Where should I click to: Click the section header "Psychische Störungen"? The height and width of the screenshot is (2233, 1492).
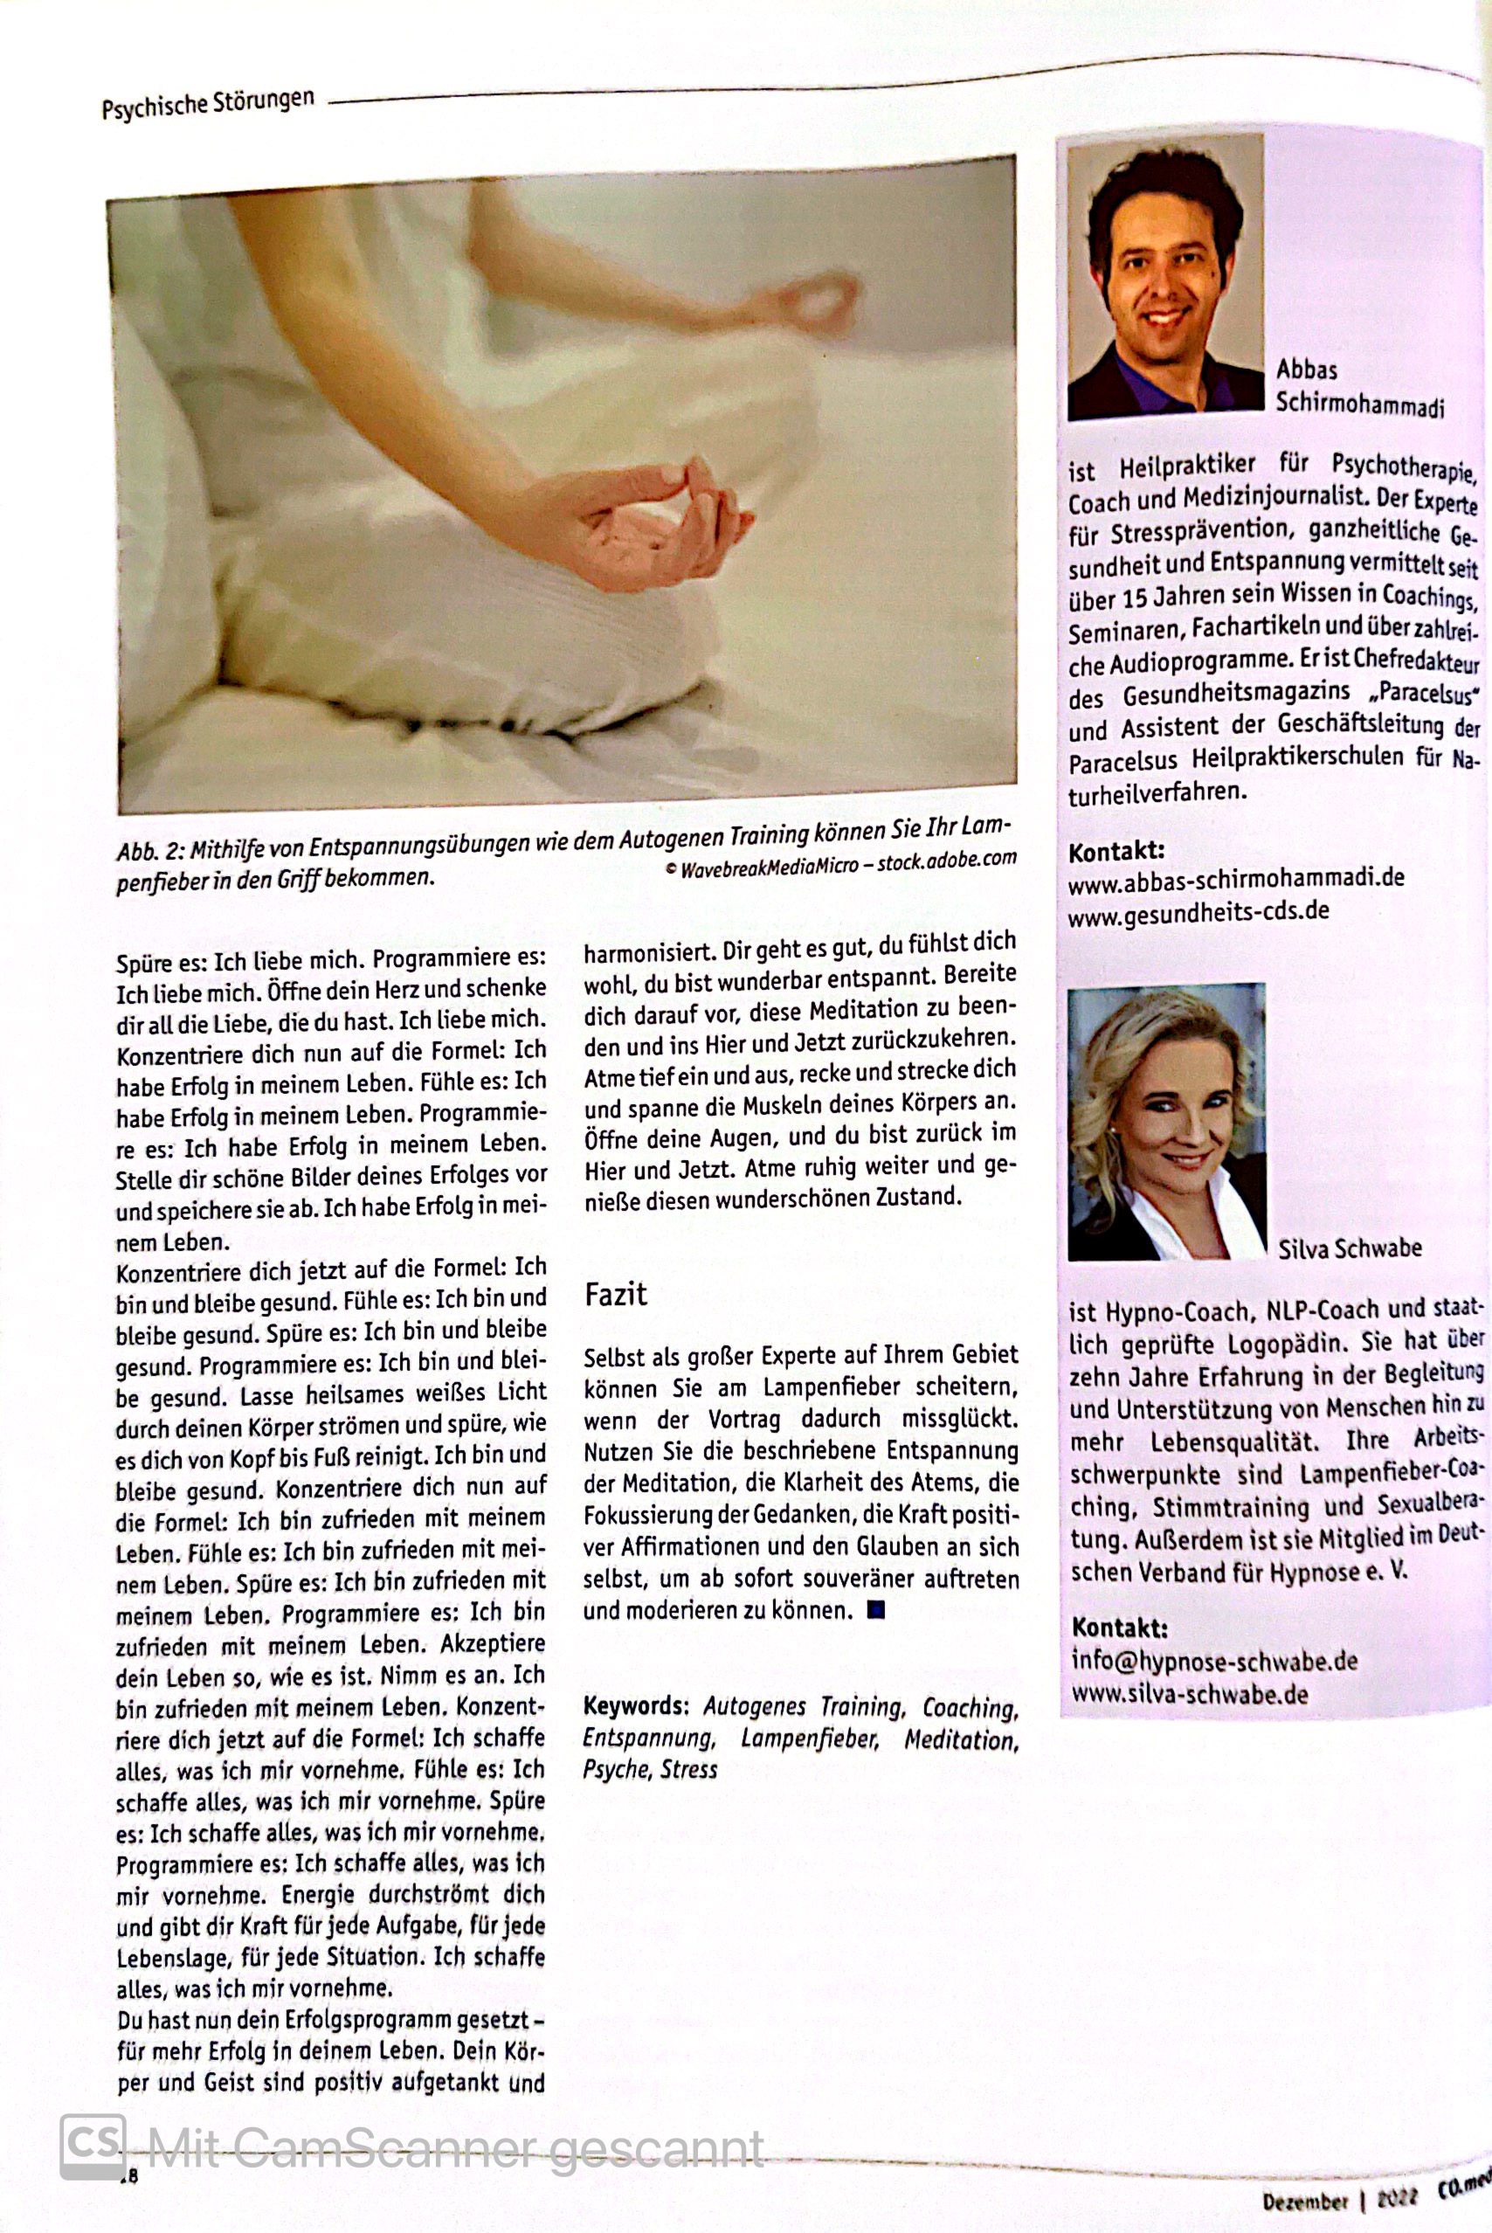point(207,102)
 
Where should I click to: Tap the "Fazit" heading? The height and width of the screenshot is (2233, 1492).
point(615,1294)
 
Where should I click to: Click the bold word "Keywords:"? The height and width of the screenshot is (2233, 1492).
point(636,1705)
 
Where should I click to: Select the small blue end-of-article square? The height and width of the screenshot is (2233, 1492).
point(876,1610)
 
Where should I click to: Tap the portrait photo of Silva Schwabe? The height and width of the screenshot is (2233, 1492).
point(1166,1123)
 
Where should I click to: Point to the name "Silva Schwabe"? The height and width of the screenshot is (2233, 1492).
point(1350,1248)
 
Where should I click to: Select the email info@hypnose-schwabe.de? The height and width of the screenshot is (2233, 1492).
point(1214,1660)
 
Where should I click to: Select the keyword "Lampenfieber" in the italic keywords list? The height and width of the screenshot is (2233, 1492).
point(808,1739)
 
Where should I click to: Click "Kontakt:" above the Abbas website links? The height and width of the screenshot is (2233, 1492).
point(1116,851)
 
